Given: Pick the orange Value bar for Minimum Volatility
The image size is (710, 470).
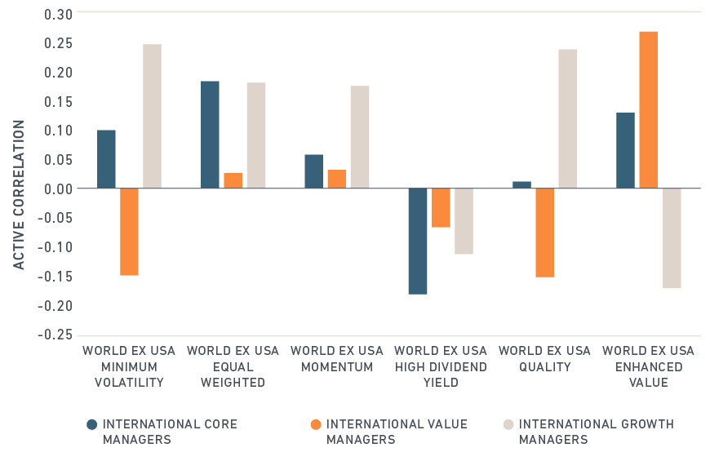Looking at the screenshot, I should pyautogui.click(x=129, y=232).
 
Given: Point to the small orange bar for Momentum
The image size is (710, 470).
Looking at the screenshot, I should pyautogui.click(x=337, y=179).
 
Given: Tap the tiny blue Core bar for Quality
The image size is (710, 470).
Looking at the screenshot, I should pyautogui.click(x=522, y=184).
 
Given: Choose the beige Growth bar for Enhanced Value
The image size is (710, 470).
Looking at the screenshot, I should pyautogui.click(x=672, y=238).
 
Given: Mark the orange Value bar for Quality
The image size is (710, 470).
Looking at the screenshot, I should pyautogui.click(x=544, y=233).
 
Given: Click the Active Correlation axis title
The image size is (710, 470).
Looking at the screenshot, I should pyautogui.click(x=20, y=194).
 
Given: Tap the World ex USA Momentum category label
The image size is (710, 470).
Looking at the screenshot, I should pyautogui.click(x=337, y=359).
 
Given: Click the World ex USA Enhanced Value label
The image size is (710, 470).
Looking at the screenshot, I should pyautogui.click(x=648, y=366).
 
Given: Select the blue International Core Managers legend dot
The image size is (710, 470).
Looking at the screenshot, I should pyautogui.click(x=92, y=424).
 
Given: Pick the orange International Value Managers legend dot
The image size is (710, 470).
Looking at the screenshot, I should pyautogui.click(x=316, y=424).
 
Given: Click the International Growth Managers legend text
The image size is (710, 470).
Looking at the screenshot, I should pyautogui.click(x=596, y=432).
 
